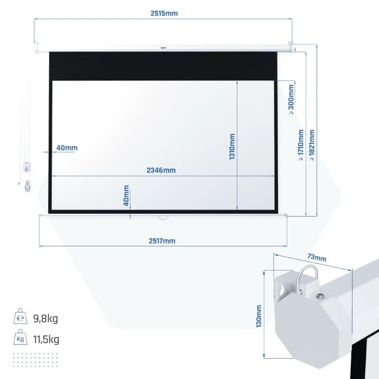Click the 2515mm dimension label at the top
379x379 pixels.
point(164,13)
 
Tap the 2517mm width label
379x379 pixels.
point(162,241)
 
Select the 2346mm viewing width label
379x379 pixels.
point(161,170)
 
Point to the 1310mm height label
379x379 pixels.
point(232,146)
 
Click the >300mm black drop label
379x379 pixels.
point(291,99)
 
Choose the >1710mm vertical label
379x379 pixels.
point(301,145)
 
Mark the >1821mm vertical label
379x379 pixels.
point(312,145)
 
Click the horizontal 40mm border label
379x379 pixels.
point(67,148)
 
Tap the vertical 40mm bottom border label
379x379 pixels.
point(126,196)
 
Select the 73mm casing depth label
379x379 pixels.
point(317,257)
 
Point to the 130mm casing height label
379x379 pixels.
point(259,316)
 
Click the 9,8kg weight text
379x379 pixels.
point(45,318)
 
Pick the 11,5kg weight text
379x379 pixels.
point(46,339)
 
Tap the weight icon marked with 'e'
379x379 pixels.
point(20,316)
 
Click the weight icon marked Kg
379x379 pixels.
point(20,337)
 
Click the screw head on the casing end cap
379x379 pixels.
point(321,296)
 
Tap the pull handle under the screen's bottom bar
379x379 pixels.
point(163,217)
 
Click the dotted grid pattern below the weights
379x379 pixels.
point(36,360)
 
